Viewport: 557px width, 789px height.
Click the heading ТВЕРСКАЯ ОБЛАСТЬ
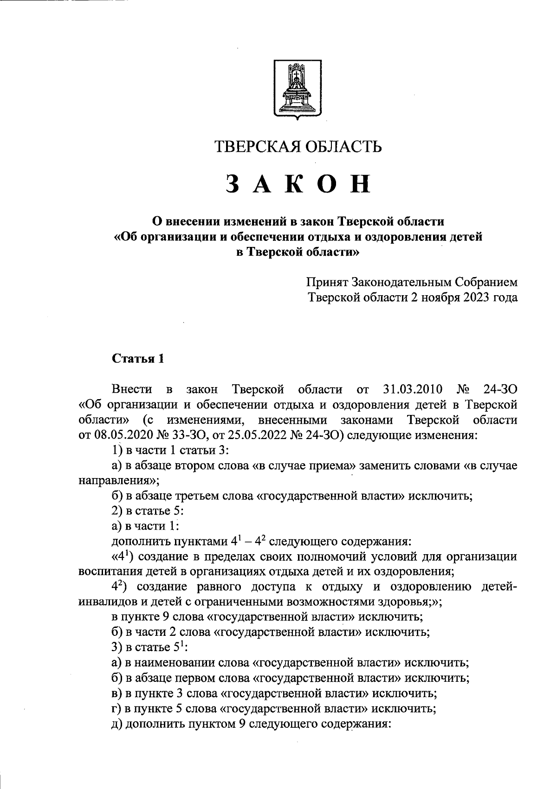(x=298, y=147)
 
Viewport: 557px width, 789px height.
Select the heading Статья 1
(x=138, y=359)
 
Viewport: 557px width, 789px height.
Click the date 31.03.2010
(x=413, y=389)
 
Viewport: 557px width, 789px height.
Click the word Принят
(x=327, y=282)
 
